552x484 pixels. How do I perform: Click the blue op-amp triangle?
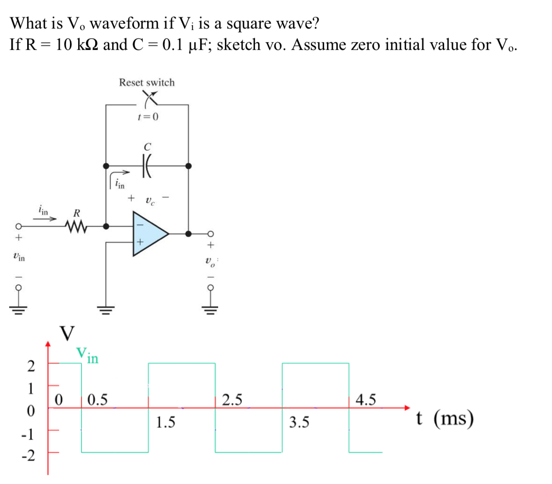point(148,234)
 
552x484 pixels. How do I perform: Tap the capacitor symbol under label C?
point(146,166)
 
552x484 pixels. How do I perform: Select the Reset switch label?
point(147,83)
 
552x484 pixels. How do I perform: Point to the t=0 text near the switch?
point(148,117)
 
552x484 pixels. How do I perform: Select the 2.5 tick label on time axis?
point(232,400)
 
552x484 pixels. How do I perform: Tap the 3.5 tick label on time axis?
point(299,422)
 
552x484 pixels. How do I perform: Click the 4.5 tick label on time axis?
point(365,400)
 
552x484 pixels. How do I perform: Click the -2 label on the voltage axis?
point(29,456)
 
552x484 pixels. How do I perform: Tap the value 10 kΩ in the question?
point(76,45)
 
